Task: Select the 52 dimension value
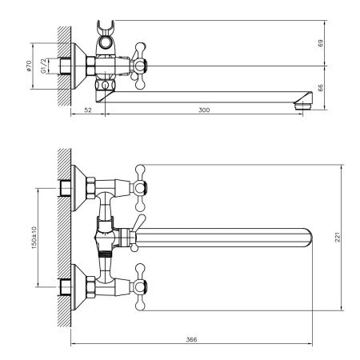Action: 87,110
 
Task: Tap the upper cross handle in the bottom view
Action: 142,182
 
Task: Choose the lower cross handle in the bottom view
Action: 142,282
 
